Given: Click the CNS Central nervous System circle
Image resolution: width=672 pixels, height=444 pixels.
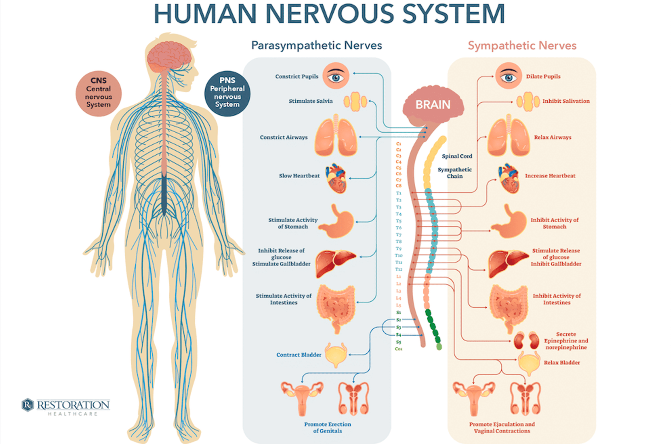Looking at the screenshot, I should pyautogui.click(x=98, y=94).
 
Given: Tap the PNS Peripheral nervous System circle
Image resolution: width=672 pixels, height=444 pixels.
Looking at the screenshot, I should pyautogui.click(x=227, y=94).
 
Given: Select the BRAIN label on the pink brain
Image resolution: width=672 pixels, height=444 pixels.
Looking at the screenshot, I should pyautogui.click(x=433, y=105).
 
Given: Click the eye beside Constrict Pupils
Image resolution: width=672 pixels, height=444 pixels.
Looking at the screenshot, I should pyautogui.click(x=336, y=76).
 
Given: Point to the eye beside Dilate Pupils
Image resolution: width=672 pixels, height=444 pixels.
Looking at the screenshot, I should pyautogui.click(x=508, y=76).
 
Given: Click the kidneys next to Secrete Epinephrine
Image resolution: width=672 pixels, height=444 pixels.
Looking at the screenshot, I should pyautogui.click(x=526, y=340).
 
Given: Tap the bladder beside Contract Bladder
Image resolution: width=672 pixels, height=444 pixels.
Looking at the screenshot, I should pyautogui.click(x=336, y=354).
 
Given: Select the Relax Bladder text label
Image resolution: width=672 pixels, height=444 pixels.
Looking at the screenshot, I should pyautogui.click(x=562, y=363).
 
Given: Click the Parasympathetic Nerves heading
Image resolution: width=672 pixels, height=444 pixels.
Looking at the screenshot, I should pyautogui.click(x=316, y=46).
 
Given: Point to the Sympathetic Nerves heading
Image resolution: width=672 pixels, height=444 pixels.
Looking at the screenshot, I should pyautogui.click(x=522, y=46).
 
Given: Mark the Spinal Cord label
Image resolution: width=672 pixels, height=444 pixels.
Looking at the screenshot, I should pyautogui.click(x=457, y=156).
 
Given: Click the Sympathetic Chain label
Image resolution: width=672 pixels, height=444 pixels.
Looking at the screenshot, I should pyautogui.click(x=455, y=173).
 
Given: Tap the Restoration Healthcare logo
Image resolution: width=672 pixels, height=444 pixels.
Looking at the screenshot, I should pyautogui.click(x=66, y=406).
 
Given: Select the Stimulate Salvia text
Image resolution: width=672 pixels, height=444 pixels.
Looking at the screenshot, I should pyautogui.click(x=310, y=101).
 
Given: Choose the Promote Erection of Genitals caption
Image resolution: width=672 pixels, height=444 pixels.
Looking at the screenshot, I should pyautogui.click(x=327, y=427).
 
